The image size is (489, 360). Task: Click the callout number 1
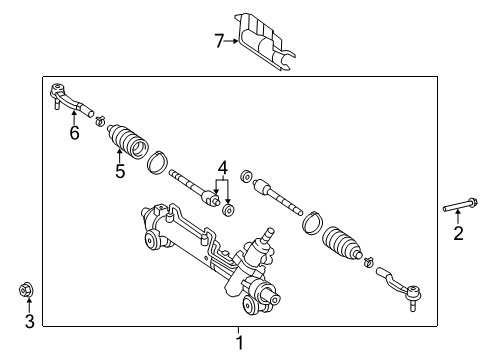click(238, 342)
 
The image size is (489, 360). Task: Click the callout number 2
click(459, 234)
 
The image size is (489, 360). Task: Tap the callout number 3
click(29, 321)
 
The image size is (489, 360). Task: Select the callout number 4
click(224, 168)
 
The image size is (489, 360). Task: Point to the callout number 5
click(119, 171)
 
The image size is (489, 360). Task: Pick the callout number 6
click(73, 133)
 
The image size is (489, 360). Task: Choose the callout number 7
click(219, 41)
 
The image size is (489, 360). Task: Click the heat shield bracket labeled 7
click(264, 41)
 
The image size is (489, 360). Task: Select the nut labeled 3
click(28, 292)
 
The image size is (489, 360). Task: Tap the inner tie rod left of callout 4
click(195, 187)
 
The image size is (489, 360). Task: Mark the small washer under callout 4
click(230, 209)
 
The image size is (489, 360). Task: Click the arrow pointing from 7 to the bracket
click(234, 41)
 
